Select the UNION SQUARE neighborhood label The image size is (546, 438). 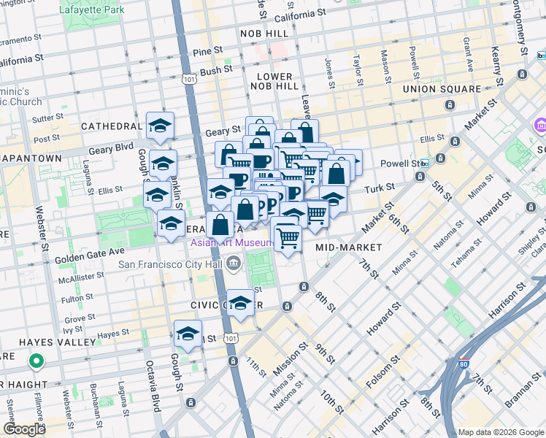pyautogui.click(x=442, y=89)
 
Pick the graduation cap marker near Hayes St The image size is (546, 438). pyautogui.click(x=188, y=334)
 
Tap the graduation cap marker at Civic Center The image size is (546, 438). pyautogui.click(x=239, y=302)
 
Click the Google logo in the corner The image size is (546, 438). pyautogui.click(x=24, y=429)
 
